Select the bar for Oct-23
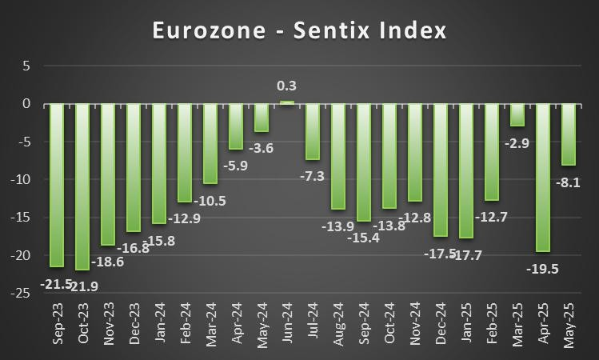click(x=82, y=186)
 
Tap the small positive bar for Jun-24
click(x=286, y=102)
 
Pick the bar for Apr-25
click(x=542, y=177)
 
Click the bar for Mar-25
click(x=517, y=114)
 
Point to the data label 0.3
click(x=286, y=85)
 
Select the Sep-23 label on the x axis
click(x=58, y=328)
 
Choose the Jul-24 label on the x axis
click(x=313, y=328)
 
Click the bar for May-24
click(x=261, y=118)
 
